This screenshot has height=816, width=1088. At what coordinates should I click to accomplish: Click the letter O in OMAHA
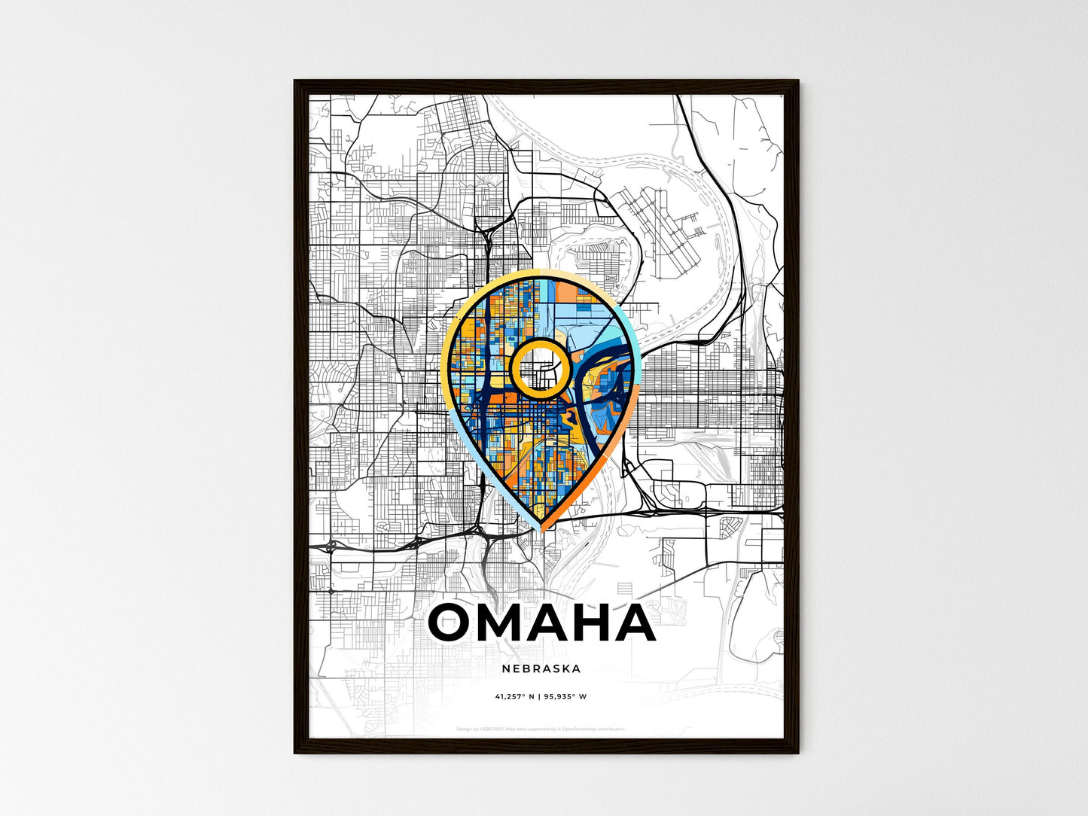tap(454, 623)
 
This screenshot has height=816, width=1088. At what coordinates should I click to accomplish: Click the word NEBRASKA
tap(544, 668)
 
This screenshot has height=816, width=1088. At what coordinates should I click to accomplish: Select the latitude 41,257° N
tap(515, 696)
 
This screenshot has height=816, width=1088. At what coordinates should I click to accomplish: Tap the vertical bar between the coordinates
tap(541, 696)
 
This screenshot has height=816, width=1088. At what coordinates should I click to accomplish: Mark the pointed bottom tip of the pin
tap(541, 529)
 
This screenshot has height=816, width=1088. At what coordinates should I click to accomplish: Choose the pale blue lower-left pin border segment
tap(467, 444)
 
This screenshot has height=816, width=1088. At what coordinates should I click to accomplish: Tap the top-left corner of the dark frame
tap(295, 81)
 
